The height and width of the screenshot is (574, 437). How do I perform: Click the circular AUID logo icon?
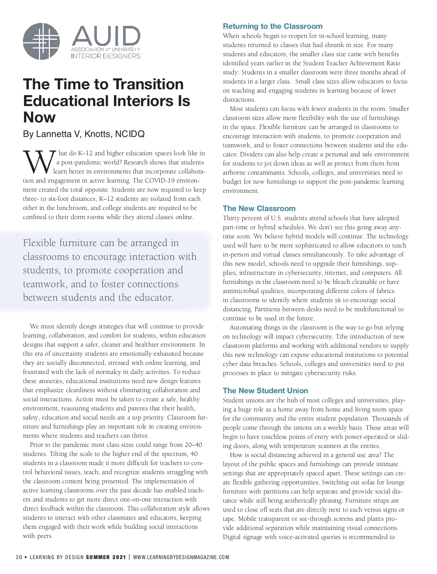pos(41,41)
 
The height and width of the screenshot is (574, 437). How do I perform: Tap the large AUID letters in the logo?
pos(106,36)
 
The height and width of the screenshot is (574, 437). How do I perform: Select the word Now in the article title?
pos(39,117)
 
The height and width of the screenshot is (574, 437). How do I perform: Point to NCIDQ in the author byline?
pos(130,134)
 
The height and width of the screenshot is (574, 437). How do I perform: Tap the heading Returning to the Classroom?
pos(272,26)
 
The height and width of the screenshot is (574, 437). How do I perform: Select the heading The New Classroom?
pos(259,208)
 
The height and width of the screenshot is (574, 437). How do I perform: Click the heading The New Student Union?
pos(265,391)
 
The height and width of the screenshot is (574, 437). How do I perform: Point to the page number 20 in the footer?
pos(19,557)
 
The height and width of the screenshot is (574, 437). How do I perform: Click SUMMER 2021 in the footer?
pos(106,557)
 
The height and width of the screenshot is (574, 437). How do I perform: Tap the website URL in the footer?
pos(181,557)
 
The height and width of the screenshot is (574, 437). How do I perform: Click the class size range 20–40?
pos(194,445)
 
